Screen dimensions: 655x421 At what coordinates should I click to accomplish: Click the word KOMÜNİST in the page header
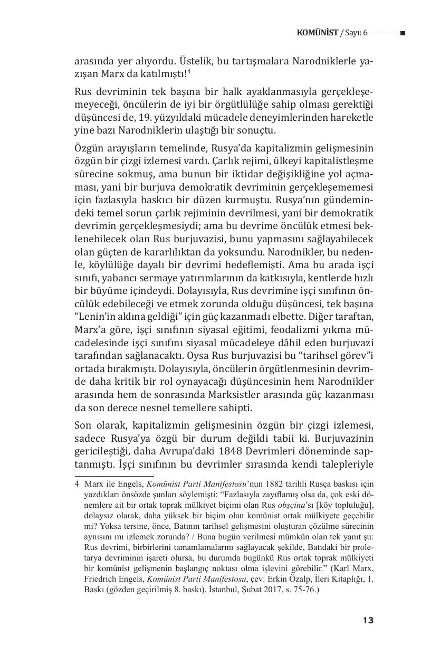[317, 33]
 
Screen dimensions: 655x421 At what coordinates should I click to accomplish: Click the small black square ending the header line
[403, 33]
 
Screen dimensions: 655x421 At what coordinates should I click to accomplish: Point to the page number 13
[368, 620]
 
